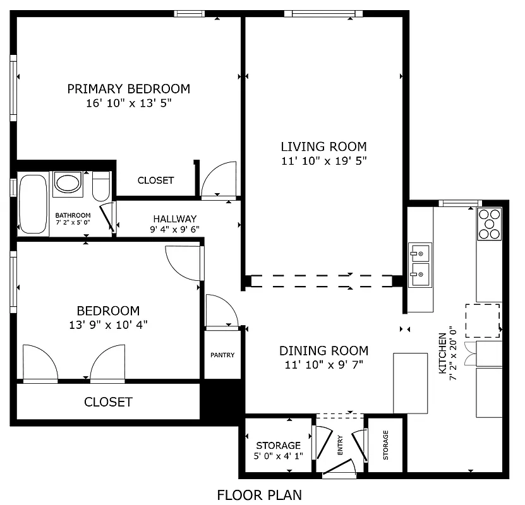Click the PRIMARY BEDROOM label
[x=128, y=88]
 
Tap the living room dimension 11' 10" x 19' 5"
[x=323, y=161]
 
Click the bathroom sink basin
[x=68, y=182]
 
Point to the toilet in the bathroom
[x=101, y=186]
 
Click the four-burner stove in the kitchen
[x=488, y=223]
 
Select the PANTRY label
[x=222, y=355]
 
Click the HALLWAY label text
[x=174, y=219]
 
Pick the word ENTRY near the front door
[x=340, y=445]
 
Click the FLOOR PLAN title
[x=259, y=495]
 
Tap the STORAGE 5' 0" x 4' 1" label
[x=278, y=451]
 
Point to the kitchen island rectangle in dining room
[x=411, y=383]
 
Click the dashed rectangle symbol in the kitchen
[x=483, y=321]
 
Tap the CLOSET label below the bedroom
[x=108, y=402]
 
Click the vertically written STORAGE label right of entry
[x=385, y=445]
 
